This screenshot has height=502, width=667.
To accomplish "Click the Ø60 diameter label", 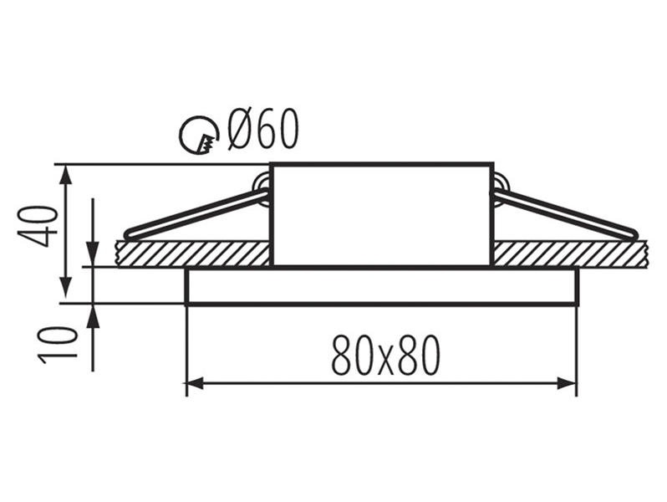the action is pyautogui.click(x=262, y=128).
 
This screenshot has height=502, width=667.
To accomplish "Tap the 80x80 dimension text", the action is pyautogui.click(x=385, y=355).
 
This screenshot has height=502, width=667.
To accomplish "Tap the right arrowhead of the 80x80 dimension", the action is pyautogui.click(x=568, y=383).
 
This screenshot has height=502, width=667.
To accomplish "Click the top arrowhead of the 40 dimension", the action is pyautogui.click(x=65, y=174).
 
